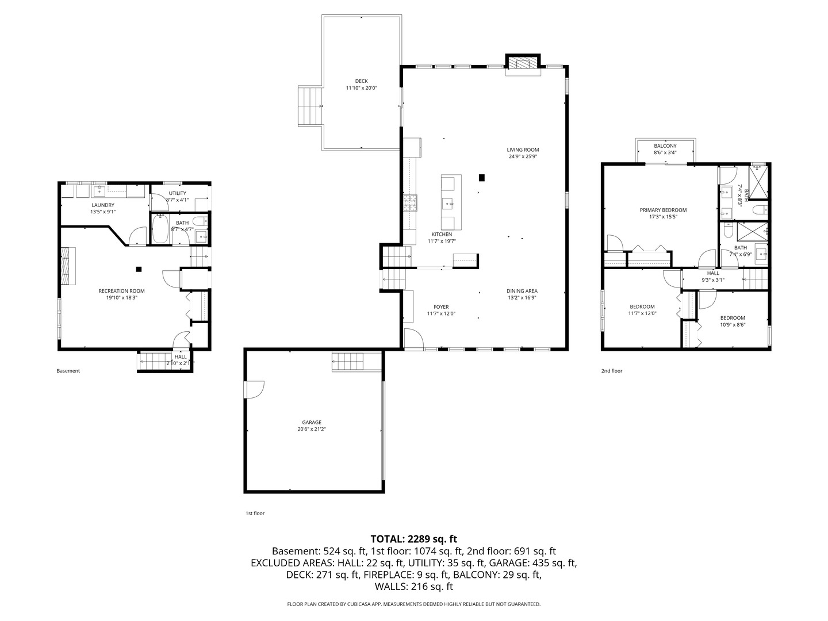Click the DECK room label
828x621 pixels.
click(361, 81)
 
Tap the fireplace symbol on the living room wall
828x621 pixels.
click(523, 63)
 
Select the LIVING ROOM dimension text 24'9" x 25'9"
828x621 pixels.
click(523, 156)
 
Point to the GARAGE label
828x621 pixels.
click(312, 422)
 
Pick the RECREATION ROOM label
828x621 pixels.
click(121, 291)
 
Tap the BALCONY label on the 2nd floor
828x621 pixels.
click(665, 146)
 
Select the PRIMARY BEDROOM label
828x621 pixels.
click(663, 210)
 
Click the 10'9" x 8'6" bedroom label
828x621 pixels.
click(733, 318)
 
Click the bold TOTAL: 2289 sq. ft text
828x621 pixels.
click(413, 539)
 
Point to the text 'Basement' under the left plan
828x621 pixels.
click(68, 371)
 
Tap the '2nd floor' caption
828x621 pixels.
click(612, 371)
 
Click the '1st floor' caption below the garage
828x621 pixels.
click(255, 513)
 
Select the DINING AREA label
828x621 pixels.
click(522, 291)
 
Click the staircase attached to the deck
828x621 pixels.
click(309, 106)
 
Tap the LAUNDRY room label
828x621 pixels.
click(103, 205)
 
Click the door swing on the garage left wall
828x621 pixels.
click(254, 389)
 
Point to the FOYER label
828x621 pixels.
click(441, 307)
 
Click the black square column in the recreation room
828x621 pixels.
click(139, 269)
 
